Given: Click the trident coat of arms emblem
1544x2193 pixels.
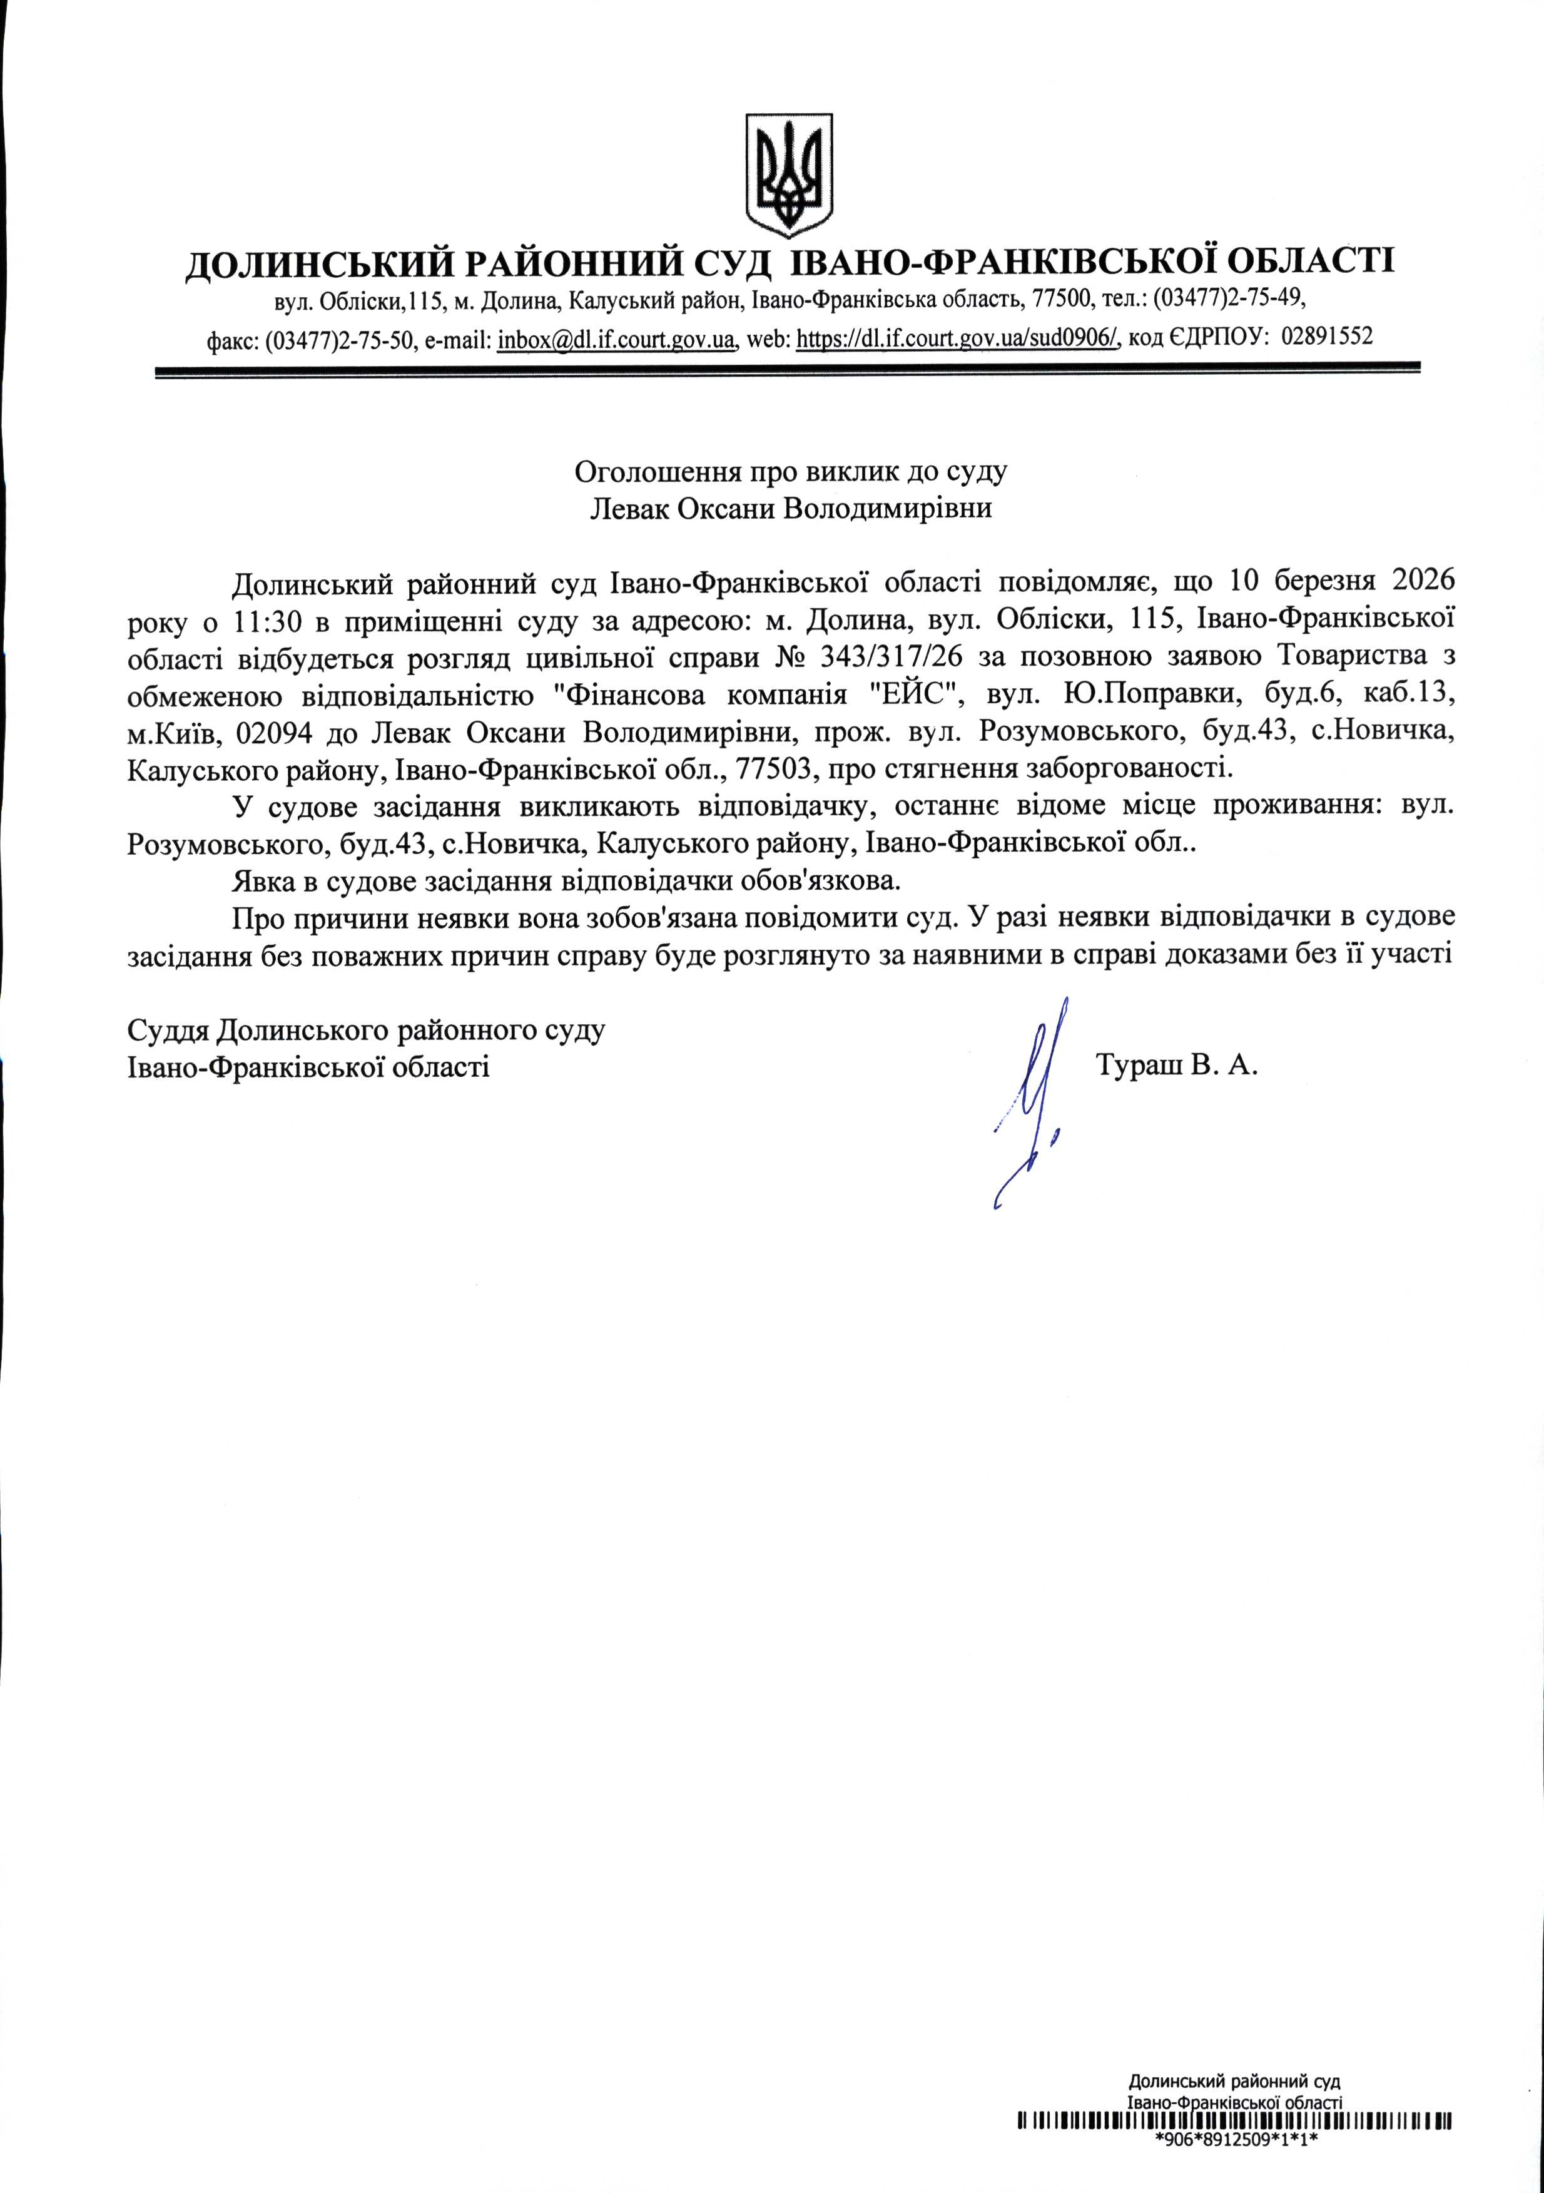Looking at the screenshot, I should point(789,176).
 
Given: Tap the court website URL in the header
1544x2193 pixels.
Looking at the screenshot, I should point(958,338).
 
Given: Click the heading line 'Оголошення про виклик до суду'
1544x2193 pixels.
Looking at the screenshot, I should point(791,471).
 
